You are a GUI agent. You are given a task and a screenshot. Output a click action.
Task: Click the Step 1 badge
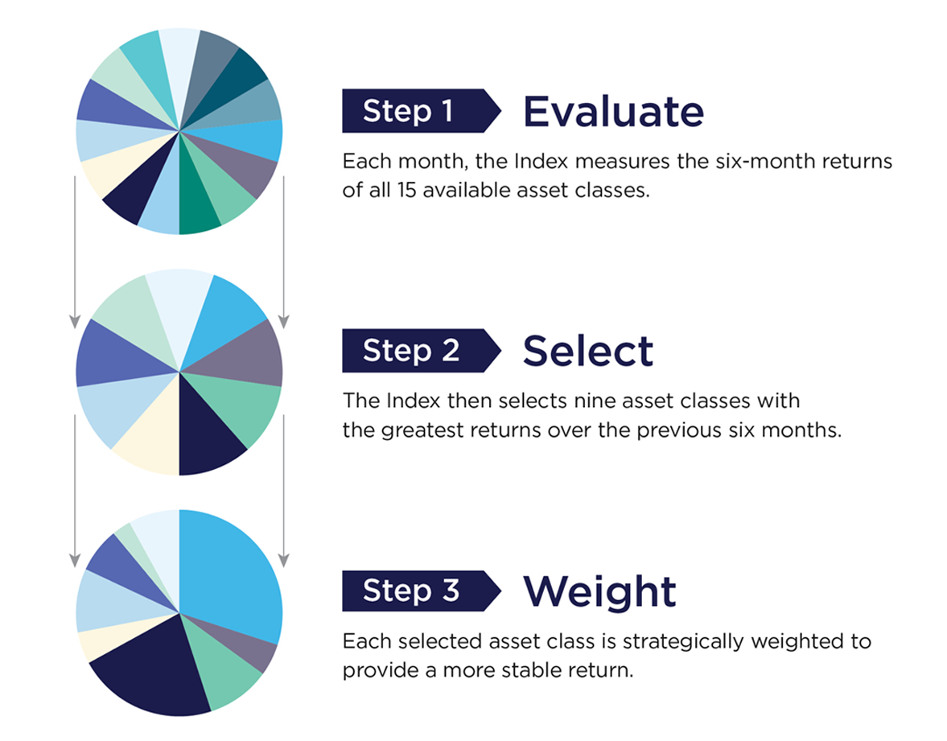tap(421, 110)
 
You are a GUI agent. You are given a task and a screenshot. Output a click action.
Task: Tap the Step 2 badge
tap(421, 350)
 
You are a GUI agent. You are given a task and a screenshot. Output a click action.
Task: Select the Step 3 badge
tap(421, 590)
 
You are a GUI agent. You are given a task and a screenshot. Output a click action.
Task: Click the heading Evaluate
tap(613, 112)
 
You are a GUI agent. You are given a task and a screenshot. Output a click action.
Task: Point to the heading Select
tap(587, 351)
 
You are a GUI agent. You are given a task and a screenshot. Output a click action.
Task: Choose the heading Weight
tap(599, 591)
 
